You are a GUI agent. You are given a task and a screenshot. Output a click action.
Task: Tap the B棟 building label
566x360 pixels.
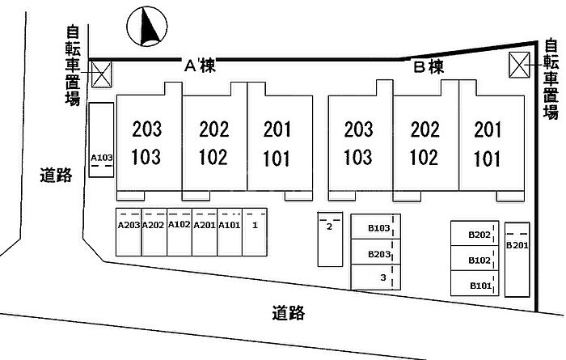click(429, 67)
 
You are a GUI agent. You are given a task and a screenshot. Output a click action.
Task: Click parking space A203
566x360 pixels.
click(129, 232)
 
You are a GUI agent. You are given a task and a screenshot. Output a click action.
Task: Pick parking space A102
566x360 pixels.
click(180, 232)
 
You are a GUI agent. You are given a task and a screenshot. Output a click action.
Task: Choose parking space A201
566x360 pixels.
click(205, 232)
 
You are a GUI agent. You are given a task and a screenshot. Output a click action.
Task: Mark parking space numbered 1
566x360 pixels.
click(255, 232)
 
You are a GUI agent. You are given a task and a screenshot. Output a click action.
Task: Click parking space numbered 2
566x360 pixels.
click(329, 239)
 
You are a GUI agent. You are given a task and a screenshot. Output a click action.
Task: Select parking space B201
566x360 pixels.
click(516, 259)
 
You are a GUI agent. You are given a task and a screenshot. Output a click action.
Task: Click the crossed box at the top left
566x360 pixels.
click(101, 74)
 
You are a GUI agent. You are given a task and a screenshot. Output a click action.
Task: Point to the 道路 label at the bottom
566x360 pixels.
click(289, 311)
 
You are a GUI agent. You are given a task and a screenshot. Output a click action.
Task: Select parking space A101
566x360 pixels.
click(230, 232)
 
